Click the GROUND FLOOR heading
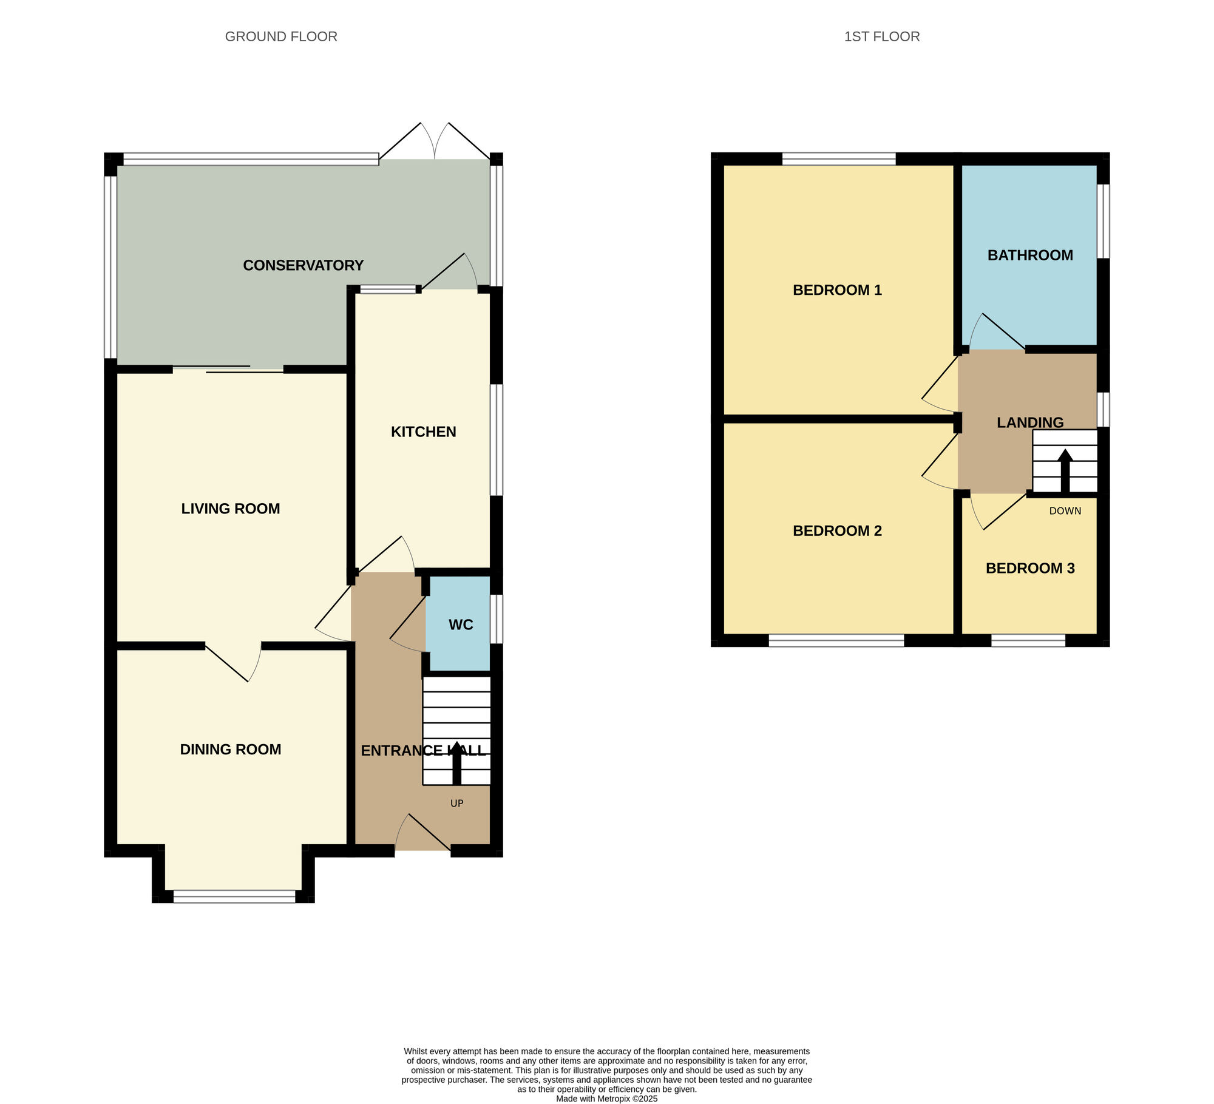[x=281, y=36]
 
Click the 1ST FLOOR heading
[x=881, y=36]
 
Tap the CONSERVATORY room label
[x=303, y=265]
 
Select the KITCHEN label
[x=423, y=432]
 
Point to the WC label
[x=461, y=625]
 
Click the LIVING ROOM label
[x=231, y=509]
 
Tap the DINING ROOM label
[x=231, y=749]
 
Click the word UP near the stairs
[x=456, y=803]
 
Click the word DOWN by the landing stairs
[x=1065, y=510]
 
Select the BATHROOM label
[x=1029, y=255]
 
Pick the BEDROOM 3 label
[x=1029, y=568]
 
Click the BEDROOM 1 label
[x=837, y=290]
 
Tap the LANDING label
[x=1029, y=422]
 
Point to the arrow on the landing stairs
[x=1065, y=470]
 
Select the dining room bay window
[x=234, y=896]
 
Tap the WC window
[x=497, y=618]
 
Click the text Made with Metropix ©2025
[x=606, y=1099]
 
